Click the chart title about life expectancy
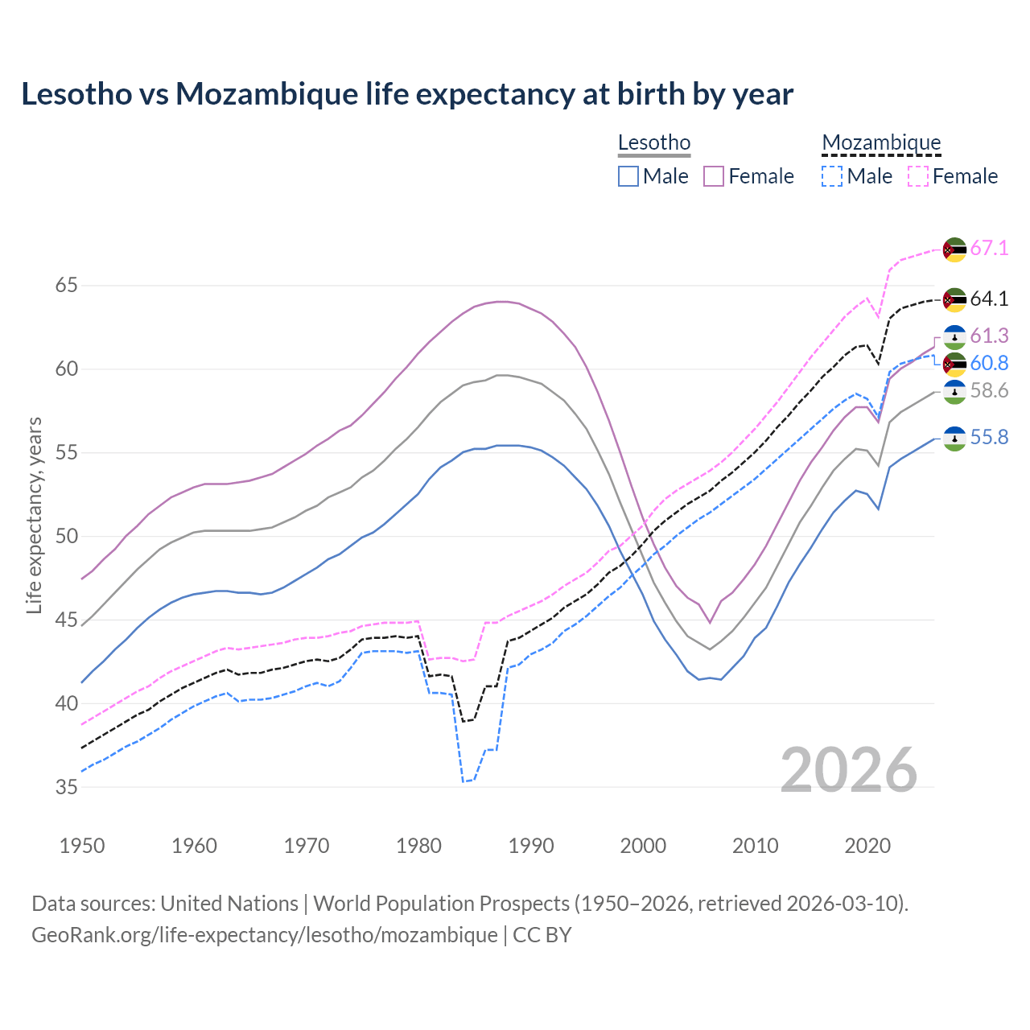pos(407,94)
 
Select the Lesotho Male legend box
pos(628,176)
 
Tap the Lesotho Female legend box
pos(715,176)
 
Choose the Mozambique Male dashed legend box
pos(832,176)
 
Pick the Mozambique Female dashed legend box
pos(918,176)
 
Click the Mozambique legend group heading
pos(881,143)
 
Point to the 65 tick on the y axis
pos(67,286)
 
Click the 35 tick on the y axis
pos(67,787)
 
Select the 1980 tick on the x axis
pos(419,846)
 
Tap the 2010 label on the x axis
pos(756,846)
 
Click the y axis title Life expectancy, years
pos(34,515)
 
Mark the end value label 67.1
pos(989,249)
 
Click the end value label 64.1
pos(989,299)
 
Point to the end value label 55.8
pos(989,438)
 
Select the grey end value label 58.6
pos(989,391)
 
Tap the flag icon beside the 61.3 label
pos(954,336)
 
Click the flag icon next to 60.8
pos(954,364)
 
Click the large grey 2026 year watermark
pos(849,770)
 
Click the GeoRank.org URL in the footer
pos(265,935)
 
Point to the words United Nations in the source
pos(229,904)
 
